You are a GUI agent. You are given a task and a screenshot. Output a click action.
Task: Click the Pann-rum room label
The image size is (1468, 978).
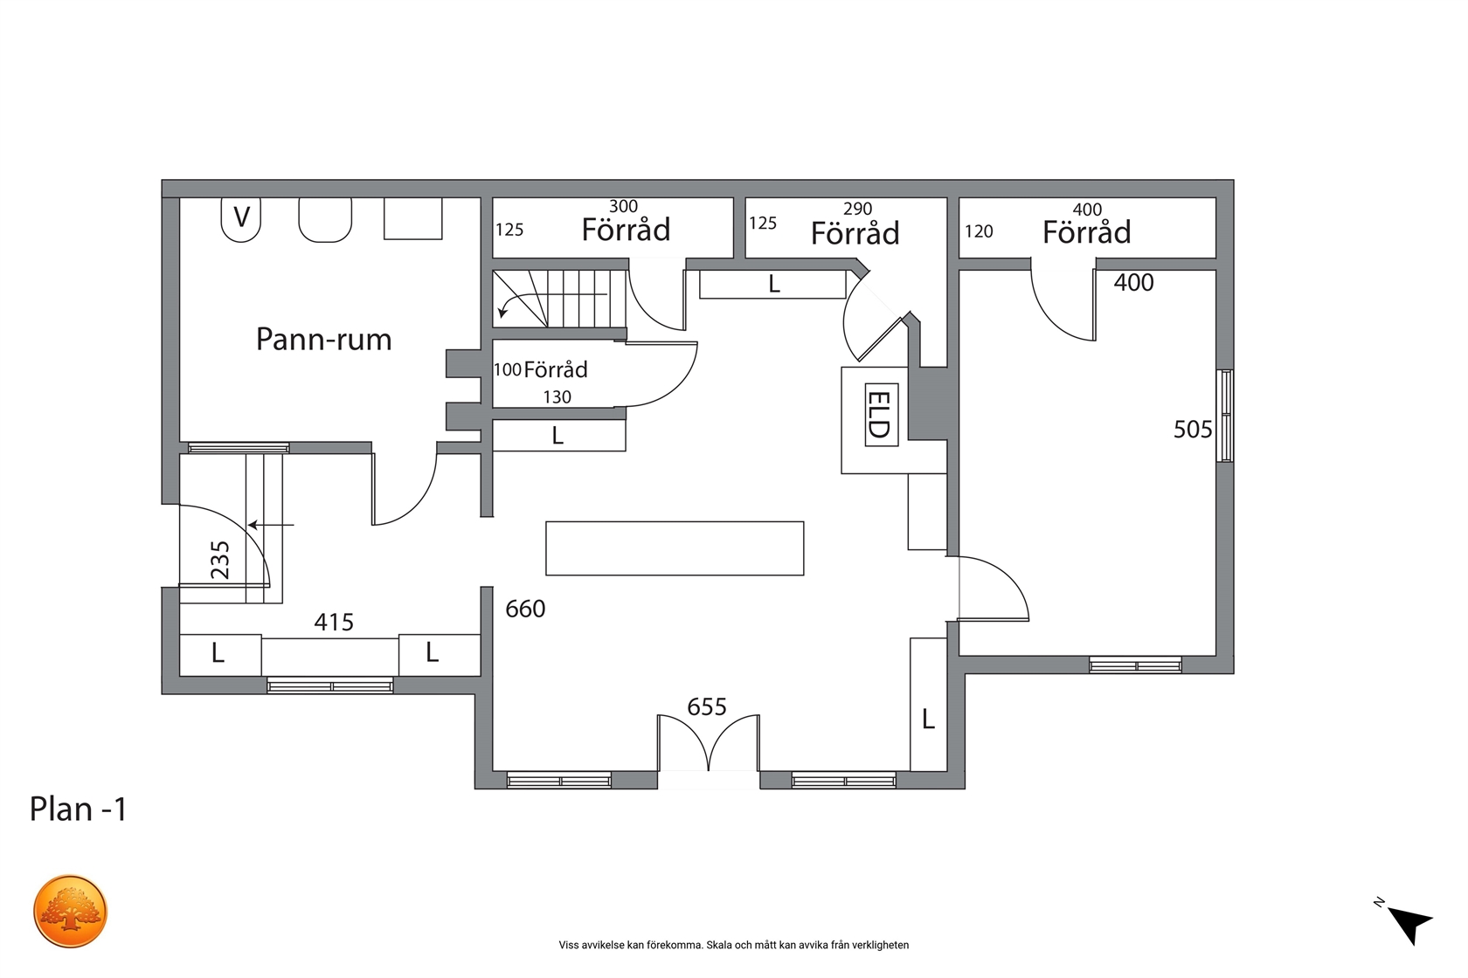point(323,340)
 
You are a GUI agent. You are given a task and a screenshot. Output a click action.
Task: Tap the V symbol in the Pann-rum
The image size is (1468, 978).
point(241,217)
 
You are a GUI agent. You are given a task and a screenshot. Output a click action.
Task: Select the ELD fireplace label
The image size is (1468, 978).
point(881,415)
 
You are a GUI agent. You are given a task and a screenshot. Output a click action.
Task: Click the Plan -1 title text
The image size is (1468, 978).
point(78,809)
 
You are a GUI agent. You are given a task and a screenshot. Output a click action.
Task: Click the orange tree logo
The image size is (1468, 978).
point(70,911)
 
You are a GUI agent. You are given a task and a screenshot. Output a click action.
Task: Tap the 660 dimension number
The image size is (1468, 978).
point(525,610)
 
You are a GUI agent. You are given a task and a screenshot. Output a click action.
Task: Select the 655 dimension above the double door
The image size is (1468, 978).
point(706,706)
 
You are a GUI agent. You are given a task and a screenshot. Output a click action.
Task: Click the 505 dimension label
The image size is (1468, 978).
point(1193,430)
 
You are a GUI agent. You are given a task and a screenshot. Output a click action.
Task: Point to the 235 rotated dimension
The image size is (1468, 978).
point(221,560)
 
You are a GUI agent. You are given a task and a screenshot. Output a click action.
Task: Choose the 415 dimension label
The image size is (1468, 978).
point(334,622)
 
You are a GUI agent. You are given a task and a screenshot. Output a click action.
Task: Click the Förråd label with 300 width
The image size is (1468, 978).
point(626,230)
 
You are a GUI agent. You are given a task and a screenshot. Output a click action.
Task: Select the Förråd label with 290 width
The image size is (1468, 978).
point(855,233)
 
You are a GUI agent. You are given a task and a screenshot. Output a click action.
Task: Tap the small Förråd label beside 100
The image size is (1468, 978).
point(556,369)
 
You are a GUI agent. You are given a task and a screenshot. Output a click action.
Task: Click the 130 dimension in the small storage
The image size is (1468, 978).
point(557,397)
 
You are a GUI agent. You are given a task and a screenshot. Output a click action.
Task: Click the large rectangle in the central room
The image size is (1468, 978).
point(675,548)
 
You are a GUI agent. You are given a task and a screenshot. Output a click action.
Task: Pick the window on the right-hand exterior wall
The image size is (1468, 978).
point(1225,416)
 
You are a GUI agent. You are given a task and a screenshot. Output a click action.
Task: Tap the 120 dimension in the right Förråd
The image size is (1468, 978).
point(979,231)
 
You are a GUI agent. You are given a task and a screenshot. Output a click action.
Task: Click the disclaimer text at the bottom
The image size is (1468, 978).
point(733,945)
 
